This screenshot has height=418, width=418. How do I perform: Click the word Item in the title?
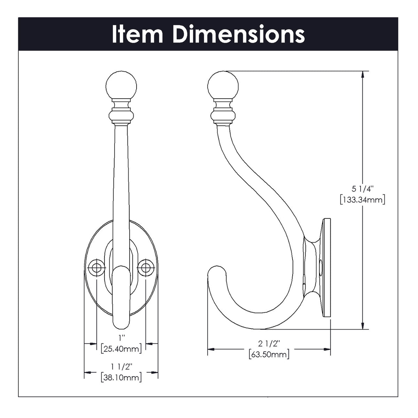point(137,34)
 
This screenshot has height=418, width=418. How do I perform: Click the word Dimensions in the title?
point(239,34)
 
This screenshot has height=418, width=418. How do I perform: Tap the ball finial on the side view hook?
point(223,85)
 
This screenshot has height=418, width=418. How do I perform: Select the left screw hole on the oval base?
point(95,268)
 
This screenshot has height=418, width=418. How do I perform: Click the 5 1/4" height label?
point(362,189)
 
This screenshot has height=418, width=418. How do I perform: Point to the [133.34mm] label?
point(362,200)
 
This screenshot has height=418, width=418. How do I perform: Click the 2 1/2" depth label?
point(269,344)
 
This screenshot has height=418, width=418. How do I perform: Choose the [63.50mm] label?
point(269,355)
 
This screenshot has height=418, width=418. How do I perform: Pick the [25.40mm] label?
point(121,349)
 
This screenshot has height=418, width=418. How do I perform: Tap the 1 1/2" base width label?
point(121,366)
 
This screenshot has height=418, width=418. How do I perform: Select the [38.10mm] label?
point(121,377)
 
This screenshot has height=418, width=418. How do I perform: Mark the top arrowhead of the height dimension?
point(363,75)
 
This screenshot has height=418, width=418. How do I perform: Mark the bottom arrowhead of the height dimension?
point(363,325)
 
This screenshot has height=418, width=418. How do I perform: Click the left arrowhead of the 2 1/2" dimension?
point(211,349)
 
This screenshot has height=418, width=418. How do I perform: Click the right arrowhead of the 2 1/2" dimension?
point(327,349)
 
